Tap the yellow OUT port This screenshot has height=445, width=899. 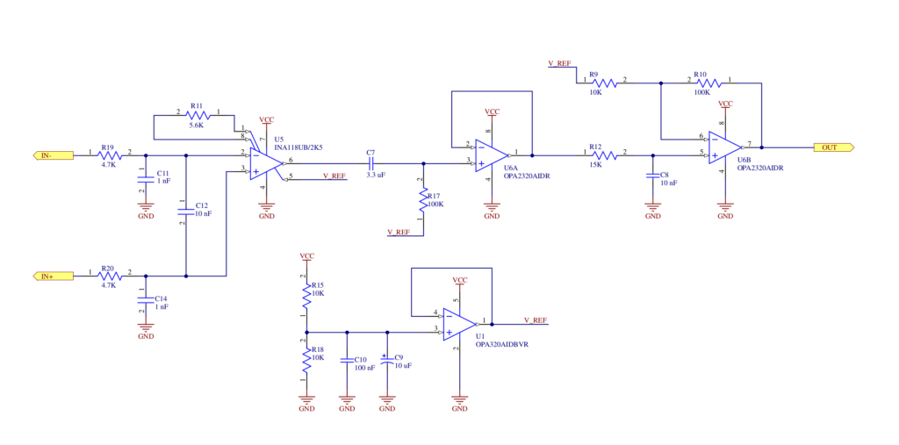click(834, 147)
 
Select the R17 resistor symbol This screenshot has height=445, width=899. click(424, 201)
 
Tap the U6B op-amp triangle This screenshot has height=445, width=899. click(725, 147)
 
